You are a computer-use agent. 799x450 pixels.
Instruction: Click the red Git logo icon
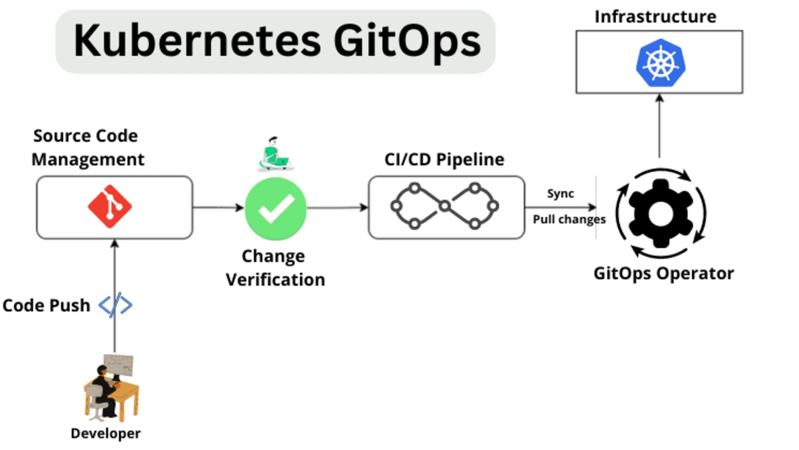110,206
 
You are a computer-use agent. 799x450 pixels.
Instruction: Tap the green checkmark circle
276,208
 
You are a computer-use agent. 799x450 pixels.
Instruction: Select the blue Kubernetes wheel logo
660,63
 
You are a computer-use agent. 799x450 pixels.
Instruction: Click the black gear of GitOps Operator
661,213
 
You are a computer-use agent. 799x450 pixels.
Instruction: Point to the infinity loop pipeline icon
444,206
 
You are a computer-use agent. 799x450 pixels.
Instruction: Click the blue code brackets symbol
115,305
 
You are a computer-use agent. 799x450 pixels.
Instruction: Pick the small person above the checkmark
275,154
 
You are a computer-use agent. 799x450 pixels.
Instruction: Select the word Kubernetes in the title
197,41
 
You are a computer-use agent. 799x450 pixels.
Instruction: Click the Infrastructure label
655,16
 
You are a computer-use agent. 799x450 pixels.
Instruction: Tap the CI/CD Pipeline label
444,159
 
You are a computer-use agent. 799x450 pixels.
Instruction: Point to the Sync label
560,193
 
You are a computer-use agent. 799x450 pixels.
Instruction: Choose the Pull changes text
569,219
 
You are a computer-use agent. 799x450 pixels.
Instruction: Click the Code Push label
46,305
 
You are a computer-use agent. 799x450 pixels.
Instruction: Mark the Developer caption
105,433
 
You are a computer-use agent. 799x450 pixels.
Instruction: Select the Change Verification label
275,268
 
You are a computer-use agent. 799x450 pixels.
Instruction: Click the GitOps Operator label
663,273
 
